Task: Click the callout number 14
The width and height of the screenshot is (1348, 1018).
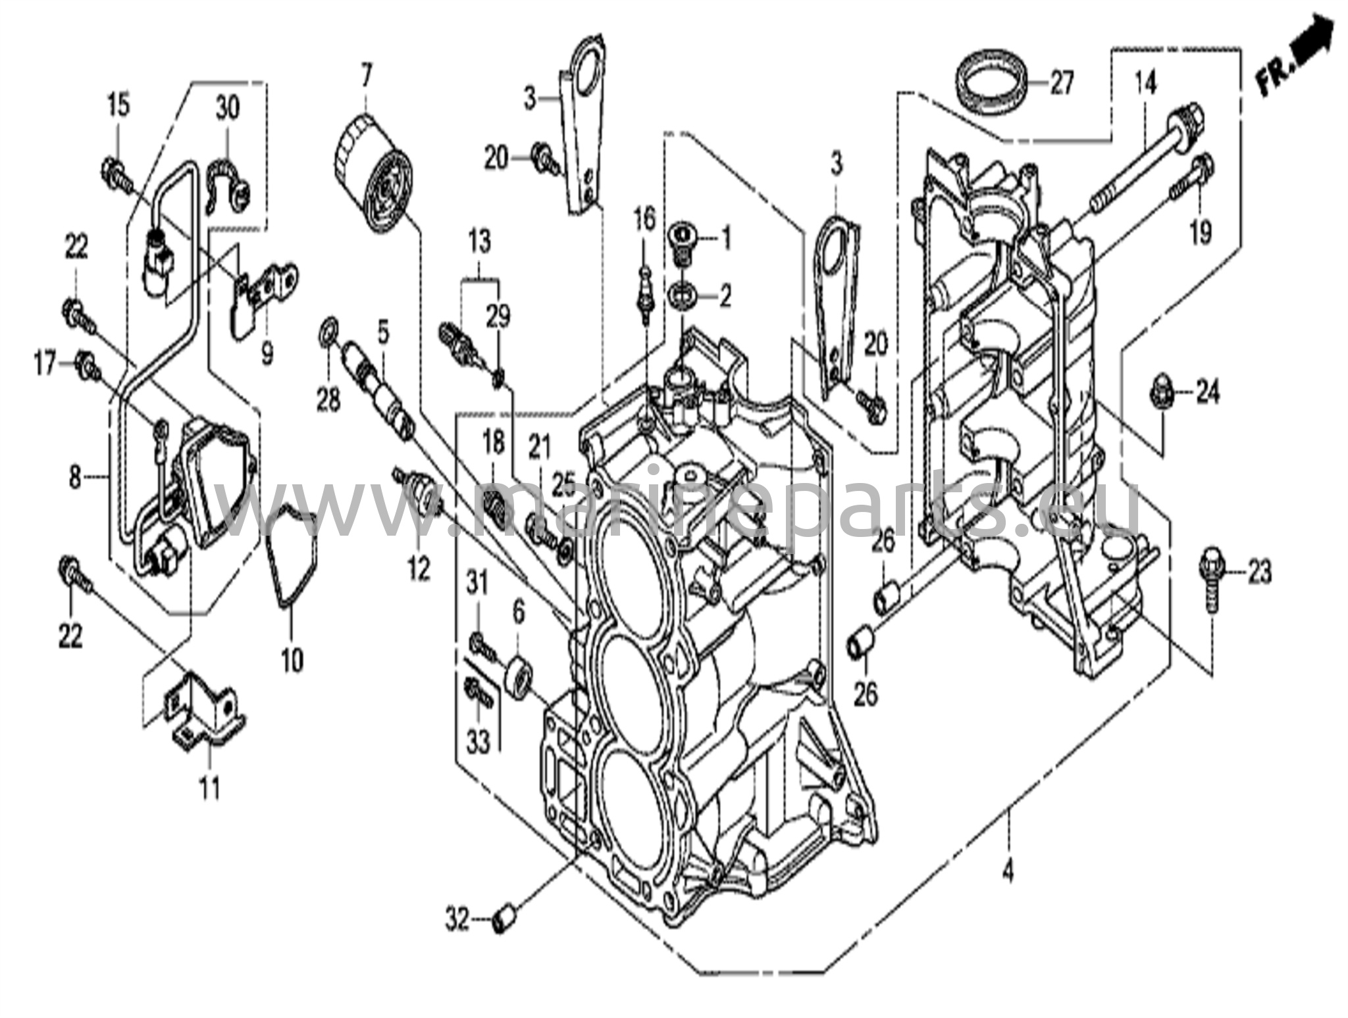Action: click(x=1145, y=84)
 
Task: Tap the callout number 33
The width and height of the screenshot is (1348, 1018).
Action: click(x=479, y=742)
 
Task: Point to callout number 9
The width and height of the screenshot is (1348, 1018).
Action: click(x=267, y=355)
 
